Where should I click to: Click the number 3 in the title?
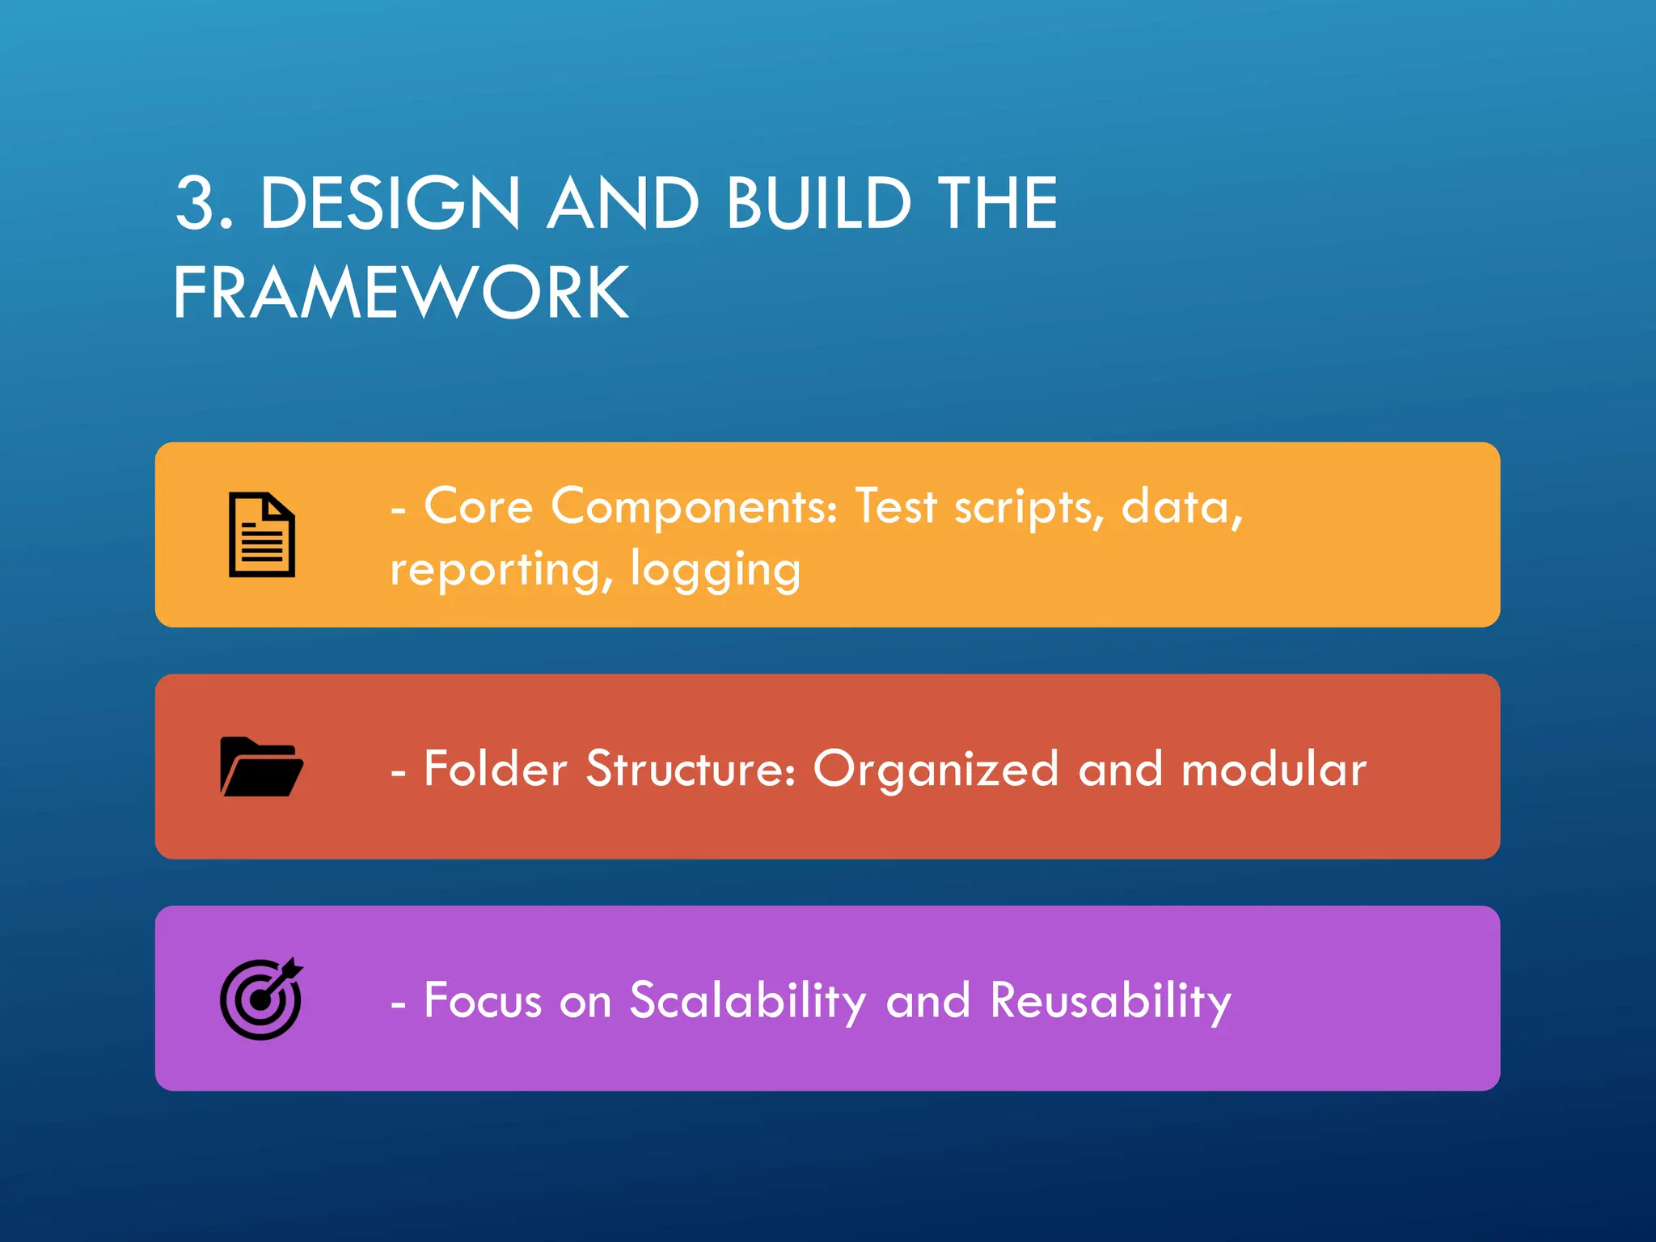pyautogui.click(x=196, y=204)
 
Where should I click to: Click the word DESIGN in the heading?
pyautogui.click(x=390, y=204)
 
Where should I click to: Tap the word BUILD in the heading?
pyautogui.click(x=818, y=204)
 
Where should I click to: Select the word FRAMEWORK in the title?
pyautogui.click(x=401, y=293)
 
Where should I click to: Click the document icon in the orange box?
pyautogui.click(x=261, y=534)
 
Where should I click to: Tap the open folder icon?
pyautogui.click(x=261, y=767)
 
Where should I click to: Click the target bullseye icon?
pyautogui.click(x=261, y=999)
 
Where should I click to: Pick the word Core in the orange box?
pyautogui.click(x=478, y=507)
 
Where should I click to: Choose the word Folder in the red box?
pyautogui.click(x=495, y=768)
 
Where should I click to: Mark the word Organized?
pyautogui.click(x=936, y=770)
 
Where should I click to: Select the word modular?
pyautogui.click(x=1274, y=768)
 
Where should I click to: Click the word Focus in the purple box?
pyautogui.click(x=483, y=1000)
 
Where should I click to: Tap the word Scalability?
pyautogui.click(x=748, y=1002)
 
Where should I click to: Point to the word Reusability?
pyautogui.click(x=1111, y=1002)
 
